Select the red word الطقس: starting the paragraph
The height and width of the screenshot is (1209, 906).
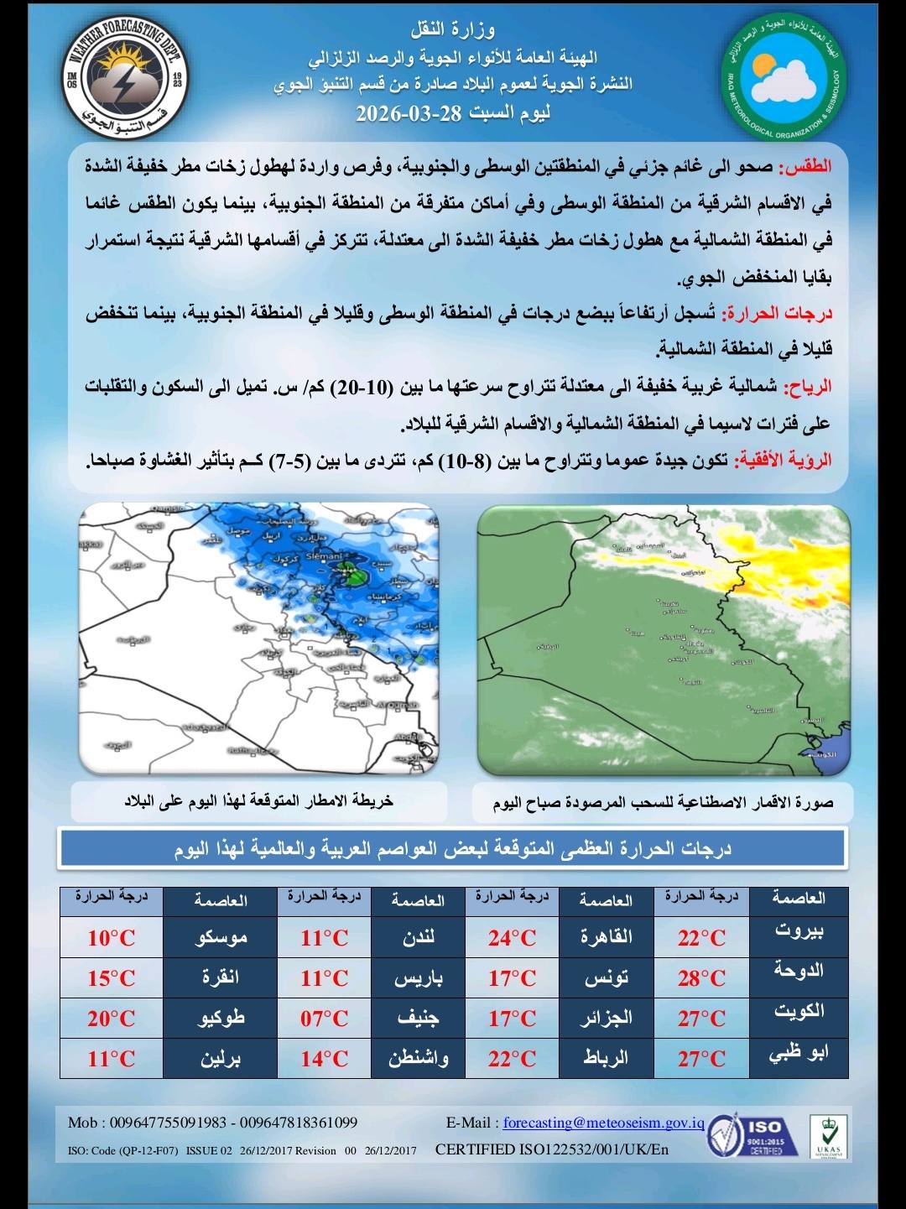click(x=806, y=166)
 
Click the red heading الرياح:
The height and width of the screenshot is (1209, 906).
click(x=807, y=387)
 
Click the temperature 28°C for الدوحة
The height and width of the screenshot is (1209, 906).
click(x=701, y=978)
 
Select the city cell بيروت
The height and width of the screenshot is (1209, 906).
click(x=799, y=931)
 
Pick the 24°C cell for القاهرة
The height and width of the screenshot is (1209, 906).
click(x=512, y=938)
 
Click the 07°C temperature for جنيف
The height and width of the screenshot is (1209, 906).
click(x=324, y=1019)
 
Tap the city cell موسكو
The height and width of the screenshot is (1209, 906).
click(x=221, y=938)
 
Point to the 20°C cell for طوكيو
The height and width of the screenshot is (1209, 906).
click(x=111, y=1019)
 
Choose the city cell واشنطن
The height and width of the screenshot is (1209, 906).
click(x=418, y=1059)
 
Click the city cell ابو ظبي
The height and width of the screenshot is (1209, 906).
click(x=799, y=1054)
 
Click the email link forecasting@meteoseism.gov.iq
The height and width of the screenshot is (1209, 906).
click(x=604, y=1123)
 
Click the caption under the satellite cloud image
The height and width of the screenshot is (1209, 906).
click(x=663, y=803)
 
